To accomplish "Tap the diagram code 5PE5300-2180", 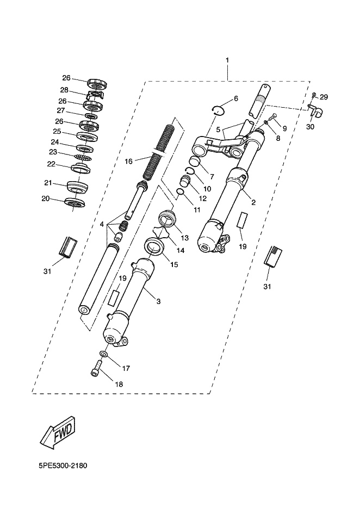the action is (x=63, y=466).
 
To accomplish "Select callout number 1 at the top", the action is (x=227, y=60).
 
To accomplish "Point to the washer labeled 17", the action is (x=103, y=353).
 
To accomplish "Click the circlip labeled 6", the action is (x=218, y=110).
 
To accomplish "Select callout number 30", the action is (x=310, y=127).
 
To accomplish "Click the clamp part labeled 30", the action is (x=314, y=110).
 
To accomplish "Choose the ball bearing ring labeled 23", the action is (x=83, y=157).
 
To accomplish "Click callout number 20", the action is (x=45, y=199).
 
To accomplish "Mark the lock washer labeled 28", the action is (x=95, y=95).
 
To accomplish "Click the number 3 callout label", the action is (x=158, y=301).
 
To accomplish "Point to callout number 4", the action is (x=102, y=224).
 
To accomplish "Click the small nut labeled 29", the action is (x=314, y=95).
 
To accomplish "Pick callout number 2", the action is (x=254, y=202).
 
